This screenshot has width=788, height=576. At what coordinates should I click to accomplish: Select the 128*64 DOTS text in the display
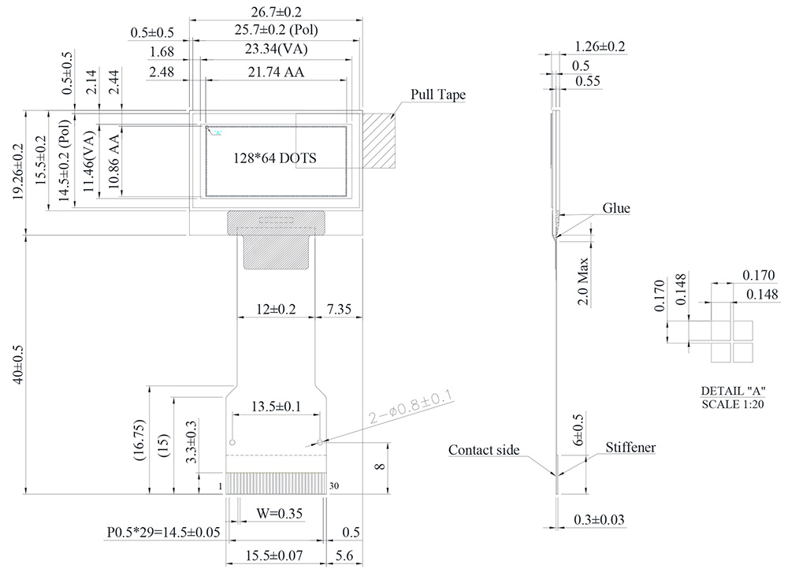click(x=274, y=158)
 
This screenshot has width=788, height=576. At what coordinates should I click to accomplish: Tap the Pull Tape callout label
click(x=438, y=95)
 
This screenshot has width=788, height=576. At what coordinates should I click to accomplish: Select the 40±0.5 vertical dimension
click(x=20, y=362)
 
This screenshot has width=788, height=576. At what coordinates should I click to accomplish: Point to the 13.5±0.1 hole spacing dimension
click(x=275, y=407)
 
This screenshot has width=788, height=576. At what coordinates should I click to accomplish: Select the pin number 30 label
click(x=334, y=485)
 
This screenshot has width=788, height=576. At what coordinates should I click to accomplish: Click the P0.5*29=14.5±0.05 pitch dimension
click(x=164, y=533)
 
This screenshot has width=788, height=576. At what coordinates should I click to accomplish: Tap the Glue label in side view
click(x=616, y=208)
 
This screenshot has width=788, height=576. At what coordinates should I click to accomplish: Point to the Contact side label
click(x=484, y=450)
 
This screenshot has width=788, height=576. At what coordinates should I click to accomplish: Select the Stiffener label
click(x=630, y=448)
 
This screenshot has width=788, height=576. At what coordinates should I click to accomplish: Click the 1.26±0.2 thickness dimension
click(x=600, y=46)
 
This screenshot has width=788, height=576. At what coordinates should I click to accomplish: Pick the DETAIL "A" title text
click(x=733, y=392)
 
